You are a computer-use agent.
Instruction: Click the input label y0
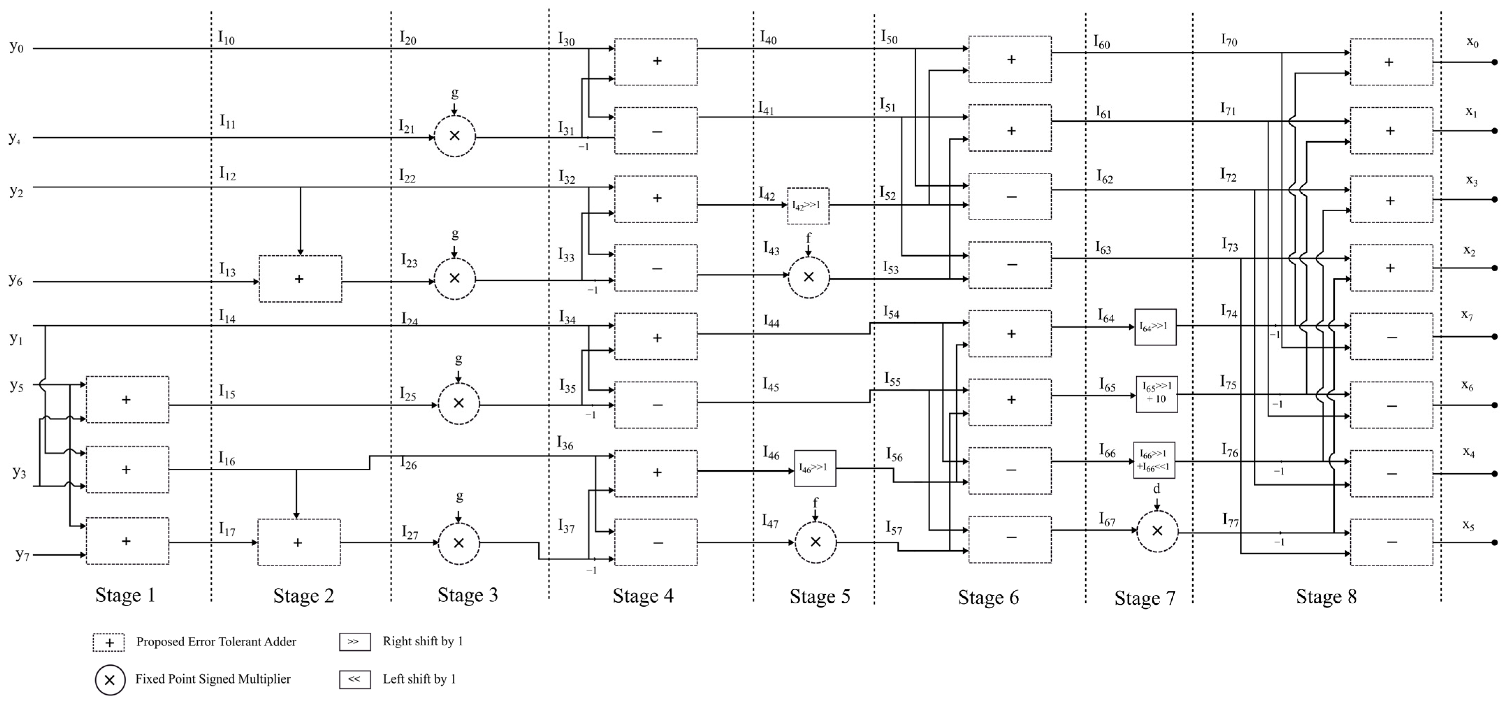pos(16,47)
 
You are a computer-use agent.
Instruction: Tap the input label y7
pos(22,554)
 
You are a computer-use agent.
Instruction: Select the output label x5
pos(1468,524)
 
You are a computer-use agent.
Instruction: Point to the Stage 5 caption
pos(819,596)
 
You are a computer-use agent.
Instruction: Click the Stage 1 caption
pos(125,595)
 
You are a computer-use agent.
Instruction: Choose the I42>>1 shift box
pos(808,206)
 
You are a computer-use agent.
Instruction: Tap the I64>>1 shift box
pos(1155,327)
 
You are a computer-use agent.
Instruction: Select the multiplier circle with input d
pos(1157,531)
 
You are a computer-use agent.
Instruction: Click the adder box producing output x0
pos(1391,62)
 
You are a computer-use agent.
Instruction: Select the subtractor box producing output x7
pos(1391,337)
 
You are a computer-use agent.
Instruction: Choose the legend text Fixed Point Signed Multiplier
pos(213,679)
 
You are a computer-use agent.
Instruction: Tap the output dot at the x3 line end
pos(1494,199)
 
